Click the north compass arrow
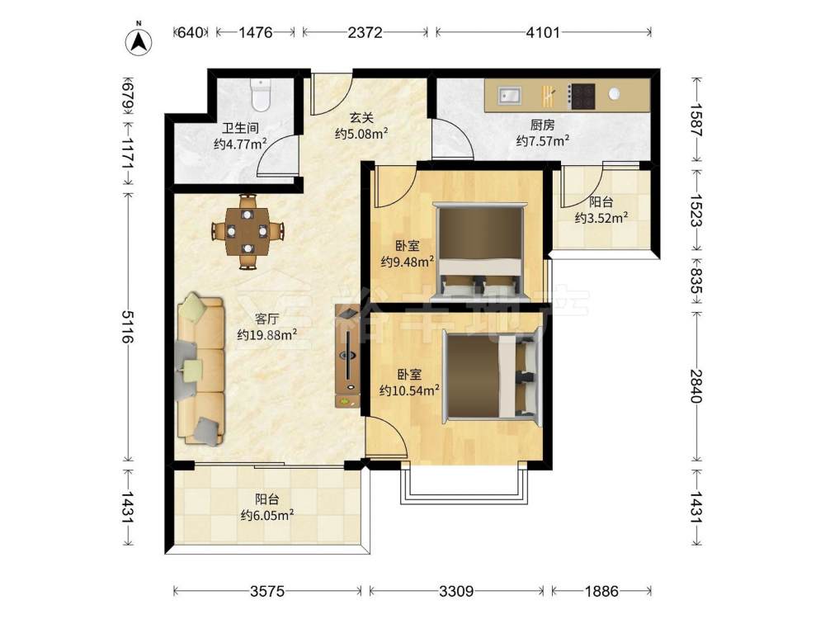click(x=139, y=41)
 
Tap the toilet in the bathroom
click(x=260, y=95)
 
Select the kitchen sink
click(x=509, y=96)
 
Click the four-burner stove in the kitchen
click(x=582, y=97)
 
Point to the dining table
click(x=247, y=232)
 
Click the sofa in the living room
click(x=200, y=370)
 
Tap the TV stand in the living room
click(x=348, y=356)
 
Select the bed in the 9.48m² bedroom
click(x=480, y=250)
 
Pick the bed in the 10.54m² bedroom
click(x=493, y=375)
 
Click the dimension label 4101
click(x=543, y=33)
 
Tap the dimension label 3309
click(x=456, y=591)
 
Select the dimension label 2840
click(x=696, y=385)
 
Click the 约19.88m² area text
click(x=266, y=334)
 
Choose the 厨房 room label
click(x=543, y=125)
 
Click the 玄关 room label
click(x=362, y=117)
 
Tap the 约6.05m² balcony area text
click(x=266, y=515)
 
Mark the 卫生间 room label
click(x=240, y=128)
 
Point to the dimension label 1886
click(x=601, y=591)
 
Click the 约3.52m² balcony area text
click(x=601, y=217)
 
